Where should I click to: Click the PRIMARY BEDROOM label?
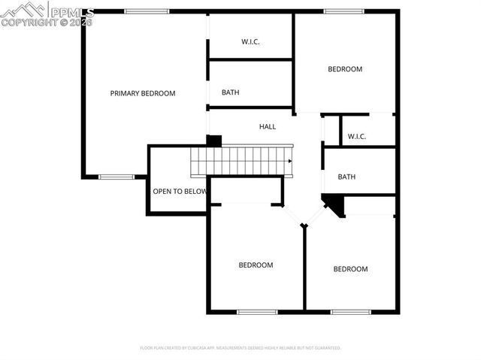[x=143, y=93]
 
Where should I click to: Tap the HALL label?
[x=268, y=127]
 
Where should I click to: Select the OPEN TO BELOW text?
[x=180, y=191]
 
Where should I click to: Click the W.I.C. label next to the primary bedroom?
[x=250, y=42]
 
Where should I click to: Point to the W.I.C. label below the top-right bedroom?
[x=356, y=136]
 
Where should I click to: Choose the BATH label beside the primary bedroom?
[x=230, y=92]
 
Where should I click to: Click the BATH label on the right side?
[x=346, y=177]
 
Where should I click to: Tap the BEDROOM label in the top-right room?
[x=345, y=69]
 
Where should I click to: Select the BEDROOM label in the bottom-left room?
[x=256, y=265]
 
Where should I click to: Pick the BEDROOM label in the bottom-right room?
[x=350, y=269]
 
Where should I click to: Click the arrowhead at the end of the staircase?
[x=290, y=160]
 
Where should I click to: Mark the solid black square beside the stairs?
[x=214, y=141]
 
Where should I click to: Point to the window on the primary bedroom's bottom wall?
[x=116, y=177]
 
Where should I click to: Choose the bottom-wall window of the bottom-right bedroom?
[x=350, y=312]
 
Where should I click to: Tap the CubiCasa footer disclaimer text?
[x=240, y=348]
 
